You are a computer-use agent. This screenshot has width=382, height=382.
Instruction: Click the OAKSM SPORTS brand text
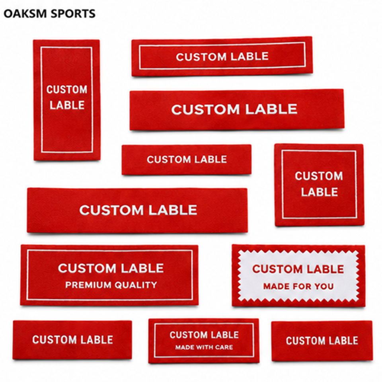(x=49, y=14)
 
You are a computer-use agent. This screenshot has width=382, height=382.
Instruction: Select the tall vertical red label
(x=67, y=100)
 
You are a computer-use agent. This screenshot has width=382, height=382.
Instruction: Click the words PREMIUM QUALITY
(x=111, y=285)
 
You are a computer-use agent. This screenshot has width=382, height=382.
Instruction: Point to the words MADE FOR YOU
(x=298, y=286)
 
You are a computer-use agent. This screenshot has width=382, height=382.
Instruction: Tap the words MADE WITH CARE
(x=204, y=347)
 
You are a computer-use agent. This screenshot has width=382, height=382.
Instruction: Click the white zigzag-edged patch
(x=298, y=276)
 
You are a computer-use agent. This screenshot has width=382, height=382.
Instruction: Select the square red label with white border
(x=319, y=185)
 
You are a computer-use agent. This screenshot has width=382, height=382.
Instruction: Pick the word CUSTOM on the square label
(x=319, y=176)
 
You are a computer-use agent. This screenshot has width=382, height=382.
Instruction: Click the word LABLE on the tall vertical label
(x=67, y=105)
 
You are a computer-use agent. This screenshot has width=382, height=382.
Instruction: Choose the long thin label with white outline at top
(x=222, y=57)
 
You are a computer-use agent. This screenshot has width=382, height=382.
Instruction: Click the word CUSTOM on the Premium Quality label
(x=87, y=268)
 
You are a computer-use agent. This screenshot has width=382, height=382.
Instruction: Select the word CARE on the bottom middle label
(x=224, y=347)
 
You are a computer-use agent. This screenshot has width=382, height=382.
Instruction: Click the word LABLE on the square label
(x=320, y=192)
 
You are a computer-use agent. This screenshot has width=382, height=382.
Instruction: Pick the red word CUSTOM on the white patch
(x=277, y=269)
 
